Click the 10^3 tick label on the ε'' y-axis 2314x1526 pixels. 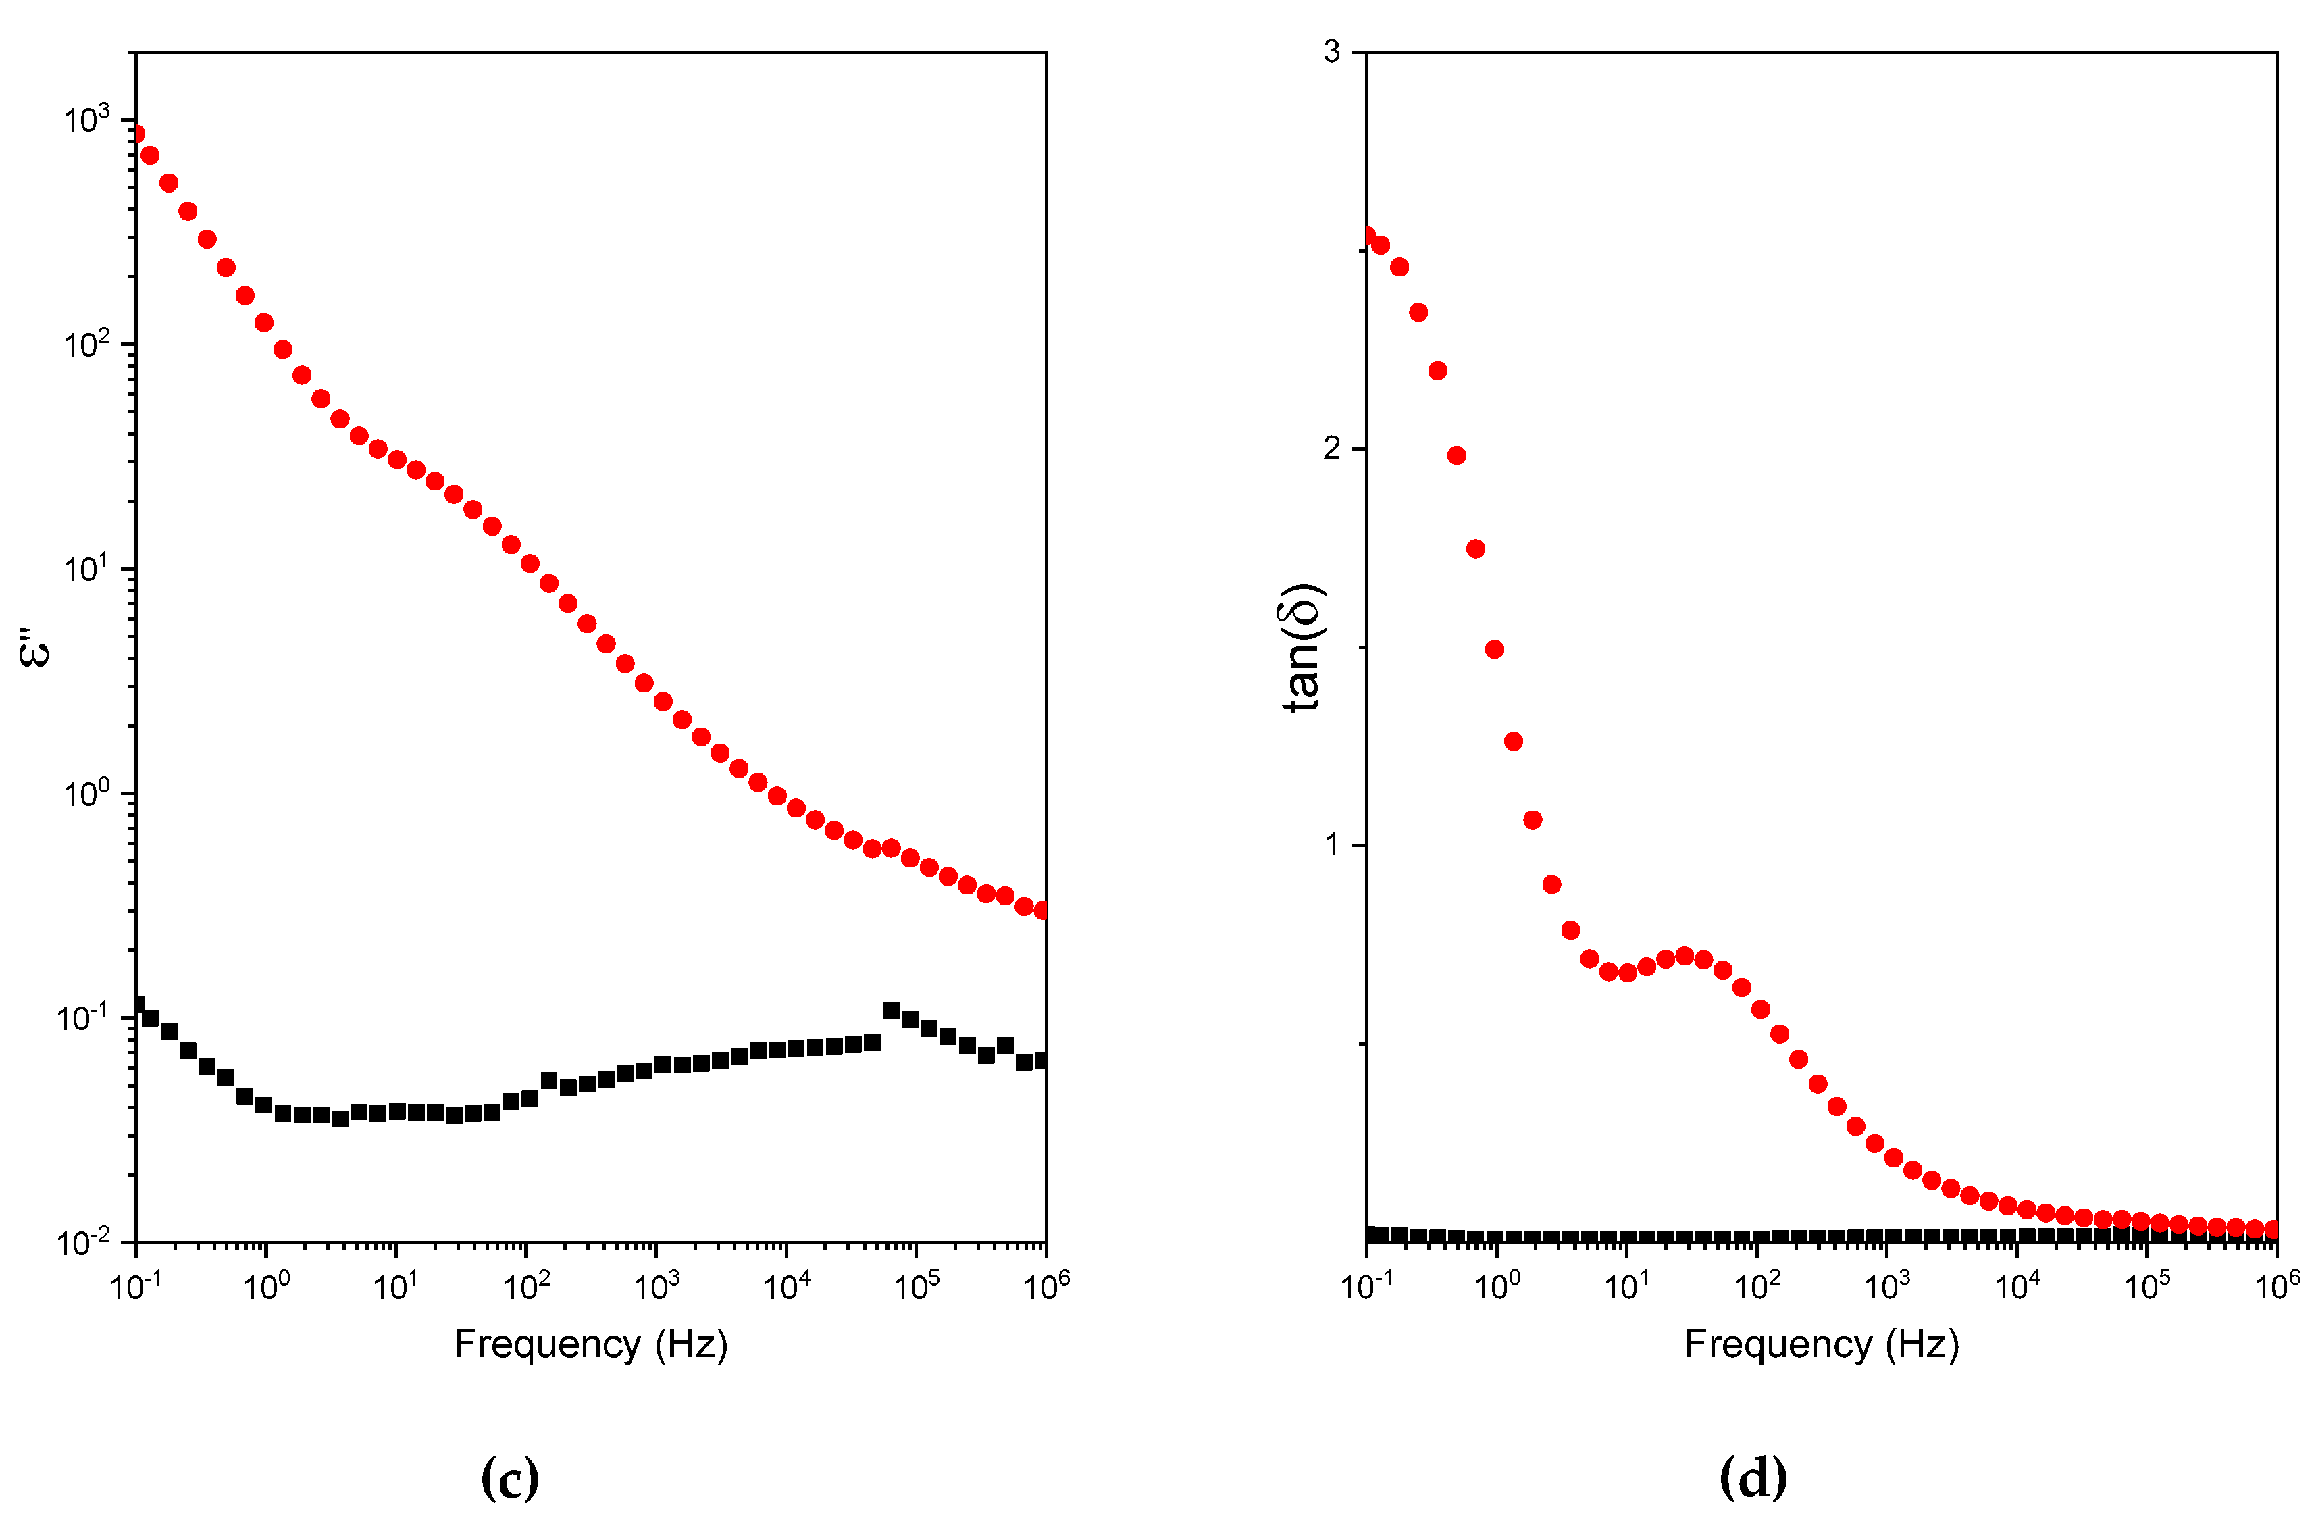click(x=86, y=120)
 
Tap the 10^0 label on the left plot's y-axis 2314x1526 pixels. click(x=86, y=793)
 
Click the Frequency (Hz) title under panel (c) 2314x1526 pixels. click(x=591, y=1344)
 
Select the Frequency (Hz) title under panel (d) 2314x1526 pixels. click(x=1821, y=1344)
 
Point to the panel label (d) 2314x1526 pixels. click(x=1753, y=1477)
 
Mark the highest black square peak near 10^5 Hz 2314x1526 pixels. click(x=890, y=1010)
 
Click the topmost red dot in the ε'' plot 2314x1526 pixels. click(x=136, y=133)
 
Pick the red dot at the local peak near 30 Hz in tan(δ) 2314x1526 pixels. click(x=1685, y=956)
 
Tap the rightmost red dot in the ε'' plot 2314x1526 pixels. click(x=1042, y=910)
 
